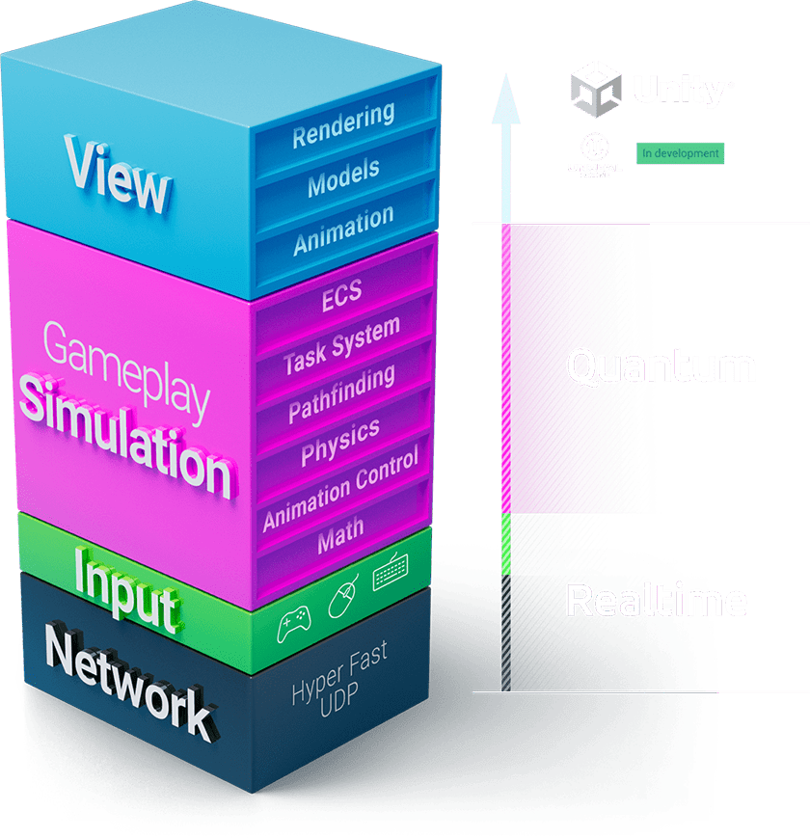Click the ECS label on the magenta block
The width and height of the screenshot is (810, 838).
(x=342, y=292)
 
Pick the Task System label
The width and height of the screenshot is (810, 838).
(x=341, y=346)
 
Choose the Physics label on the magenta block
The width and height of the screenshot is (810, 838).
(x=340, y=442)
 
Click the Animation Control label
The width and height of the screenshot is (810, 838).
(x=340, y=489)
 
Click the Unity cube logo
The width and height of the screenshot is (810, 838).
(x=598, y=89)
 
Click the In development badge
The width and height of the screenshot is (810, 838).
(x=680, y=153)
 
